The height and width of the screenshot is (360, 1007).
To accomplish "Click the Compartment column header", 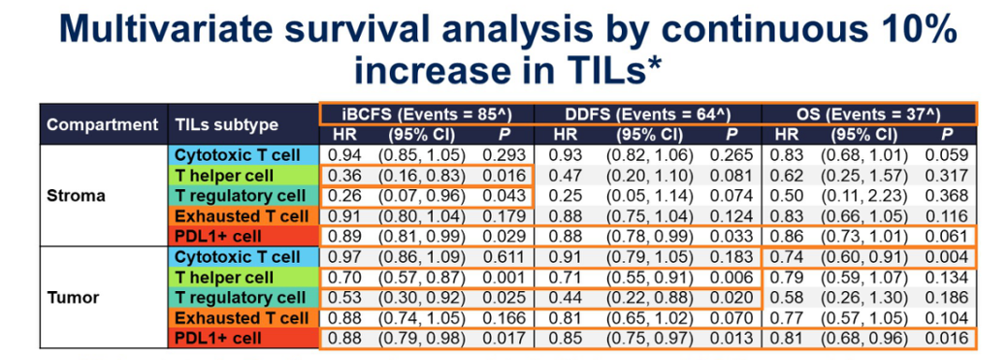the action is pyautogui.click(x=103, y=124).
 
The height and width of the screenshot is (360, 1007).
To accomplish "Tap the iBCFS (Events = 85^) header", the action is pyautogui.click(x=427, y=115).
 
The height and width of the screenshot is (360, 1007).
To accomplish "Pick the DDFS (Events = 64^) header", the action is pyautogui.click(x=648, y=115).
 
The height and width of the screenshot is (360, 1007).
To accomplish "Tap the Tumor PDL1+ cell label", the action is pyautogui.click(x=219, y=339).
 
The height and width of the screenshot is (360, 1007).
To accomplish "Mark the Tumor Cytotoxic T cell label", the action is pyautogui.click(x=239, y=257).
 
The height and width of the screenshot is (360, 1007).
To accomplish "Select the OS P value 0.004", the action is pyautogui.click(x=946, y=257).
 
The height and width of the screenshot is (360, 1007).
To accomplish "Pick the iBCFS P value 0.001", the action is pyautogui.click(x=504, y=278).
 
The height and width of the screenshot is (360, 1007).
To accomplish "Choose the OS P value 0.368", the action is pyautogui.click(x=946, y=196).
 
